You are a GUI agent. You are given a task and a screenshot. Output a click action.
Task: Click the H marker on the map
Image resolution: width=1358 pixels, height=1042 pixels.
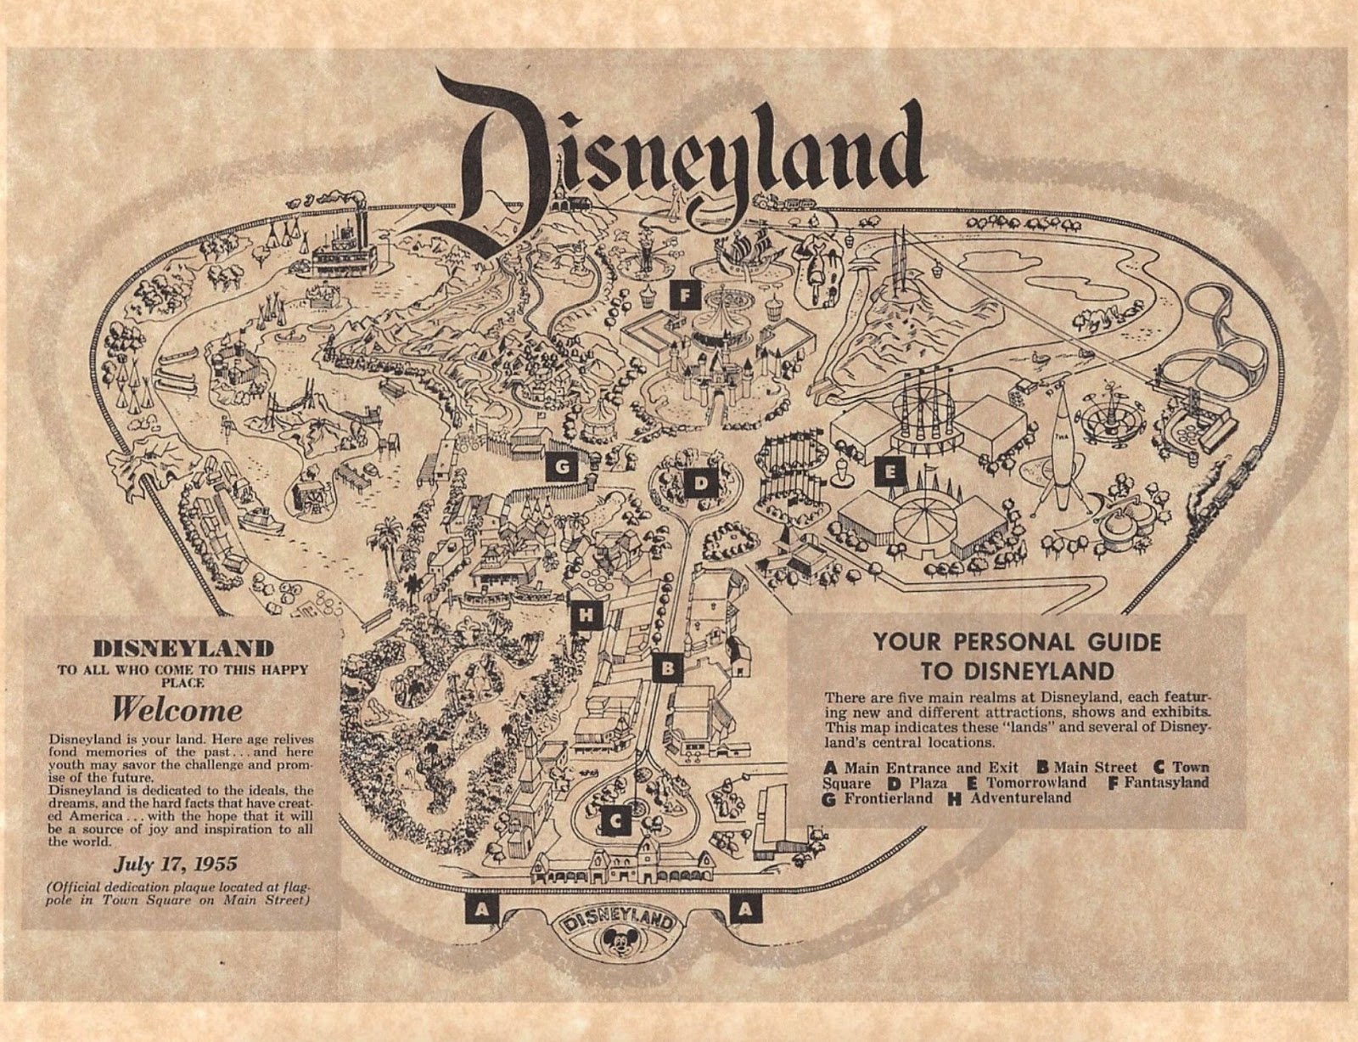click(x=585, y=615)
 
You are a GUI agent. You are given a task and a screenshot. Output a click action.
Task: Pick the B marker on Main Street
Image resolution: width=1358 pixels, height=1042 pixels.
click(x=668, y=667)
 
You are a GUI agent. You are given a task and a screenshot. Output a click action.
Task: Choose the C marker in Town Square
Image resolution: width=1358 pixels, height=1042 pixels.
click(x=616, y=820)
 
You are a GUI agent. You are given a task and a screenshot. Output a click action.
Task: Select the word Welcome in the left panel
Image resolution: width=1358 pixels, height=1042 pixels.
click(x=177, y=709)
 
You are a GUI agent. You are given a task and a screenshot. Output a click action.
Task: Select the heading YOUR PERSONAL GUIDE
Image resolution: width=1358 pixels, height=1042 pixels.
click(x=1016, y=642)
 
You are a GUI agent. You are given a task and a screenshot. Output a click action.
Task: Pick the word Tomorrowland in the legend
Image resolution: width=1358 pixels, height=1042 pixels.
click(x=1035, y=782)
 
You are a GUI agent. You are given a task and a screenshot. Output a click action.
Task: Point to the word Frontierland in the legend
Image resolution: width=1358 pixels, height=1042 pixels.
click(x=887, y=798)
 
